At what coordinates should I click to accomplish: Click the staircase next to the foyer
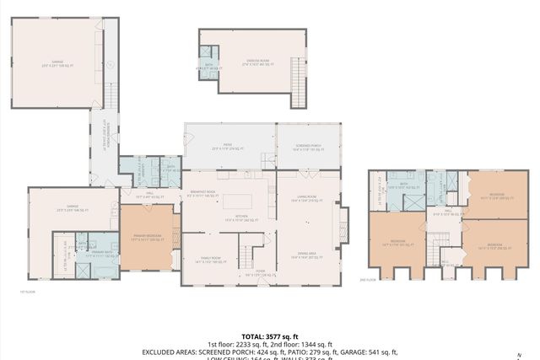(245, 253)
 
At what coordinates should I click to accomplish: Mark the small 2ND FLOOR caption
(366, 279)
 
